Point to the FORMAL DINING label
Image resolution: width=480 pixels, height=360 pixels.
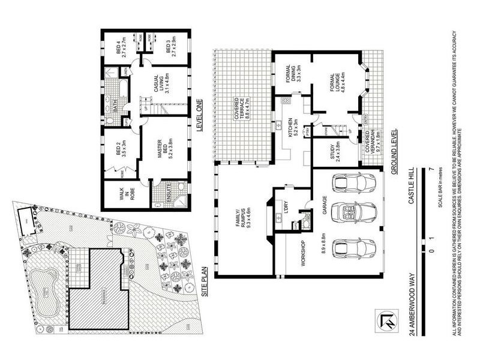pos(290,76)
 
